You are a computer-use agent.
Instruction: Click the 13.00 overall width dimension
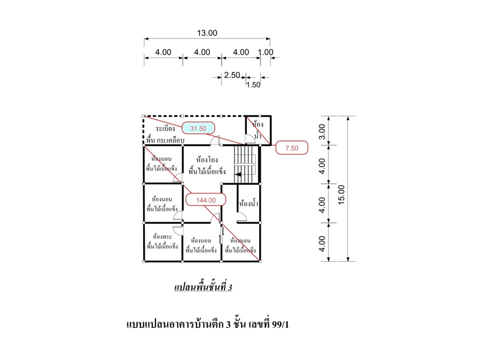coord(207,33)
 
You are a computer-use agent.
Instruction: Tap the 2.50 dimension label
coord(232,75)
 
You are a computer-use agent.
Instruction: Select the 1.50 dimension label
coord(253,85)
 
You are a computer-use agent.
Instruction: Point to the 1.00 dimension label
coord(265,52)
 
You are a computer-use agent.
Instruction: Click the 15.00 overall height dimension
coord(341,194)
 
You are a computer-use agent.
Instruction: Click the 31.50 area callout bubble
coord(198,128)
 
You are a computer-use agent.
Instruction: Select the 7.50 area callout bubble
coord(291,148)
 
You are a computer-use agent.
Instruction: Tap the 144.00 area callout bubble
coord(206,200)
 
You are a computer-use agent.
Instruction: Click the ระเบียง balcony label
coord(165,128)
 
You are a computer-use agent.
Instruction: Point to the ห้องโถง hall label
coord(207,159)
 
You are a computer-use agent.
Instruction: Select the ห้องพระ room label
coord(162,236)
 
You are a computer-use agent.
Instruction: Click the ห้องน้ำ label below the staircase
coord(248,203)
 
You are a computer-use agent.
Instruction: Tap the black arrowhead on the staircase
coord(238,174)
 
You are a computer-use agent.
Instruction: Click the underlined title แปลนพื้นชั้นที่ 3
coord(203,287)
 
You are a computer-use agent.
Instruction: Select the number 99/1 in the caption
coord(280,324)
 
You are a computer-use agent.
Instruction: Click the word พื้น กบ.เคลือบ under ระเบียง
coord(165,140)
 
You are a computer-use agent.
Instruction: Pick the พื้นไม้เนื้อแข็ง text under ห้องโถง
coord(207,171)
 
